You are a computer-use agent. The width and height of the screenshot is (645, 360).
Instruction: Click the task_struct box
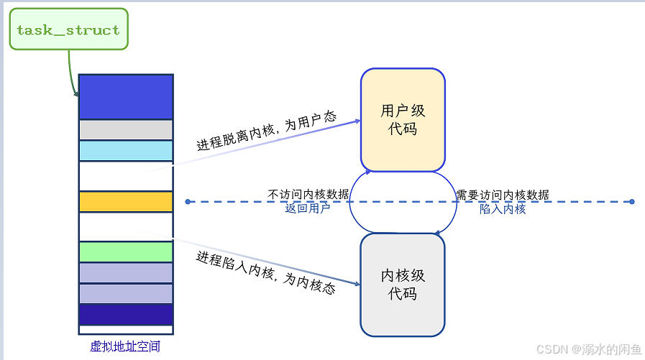68,29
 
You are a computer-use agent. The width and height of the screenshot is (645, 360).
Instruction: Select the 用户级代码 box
403,120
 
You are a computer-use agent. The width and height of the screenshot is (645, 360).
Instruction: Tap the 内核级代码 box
403,285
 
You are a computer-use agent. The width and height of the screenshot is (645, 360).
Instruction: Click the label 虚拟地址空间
125,346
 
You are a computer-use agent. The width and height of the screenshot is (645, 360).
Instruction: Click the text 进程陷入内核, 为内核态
266,272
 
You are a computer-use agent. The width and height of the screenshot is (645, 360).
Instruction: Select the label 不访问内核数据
308,195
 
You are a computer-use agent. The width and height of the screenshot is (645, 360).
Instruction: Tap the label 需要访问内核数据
503,195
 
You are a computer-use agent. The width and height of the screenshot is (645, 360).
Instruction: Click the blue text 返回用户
308,209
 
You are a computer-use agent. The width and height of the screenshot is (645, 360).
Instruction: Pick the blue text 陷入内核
503,209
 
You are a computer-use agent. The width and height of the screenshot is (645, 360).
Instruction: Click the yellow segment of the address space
126,202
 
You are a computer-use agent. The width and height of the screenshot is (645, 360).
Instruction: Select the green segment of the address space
126,251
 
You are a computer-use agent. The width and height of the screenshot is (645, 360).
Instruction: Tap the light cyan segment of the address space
126,151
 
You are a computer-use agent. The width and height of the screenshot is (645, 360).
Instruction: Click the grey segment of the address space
126,129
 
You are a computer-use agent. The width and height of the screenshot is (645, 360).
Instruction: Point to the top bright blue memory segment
126,96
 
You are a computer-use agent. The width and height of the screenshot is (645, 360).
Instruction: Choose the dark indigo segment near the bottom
126,315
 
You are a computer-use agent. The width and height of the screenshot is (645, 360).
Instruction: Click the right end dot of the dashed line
631,202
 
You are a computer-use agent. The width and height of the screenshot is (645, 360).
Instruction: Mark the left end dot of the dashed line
188,202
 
